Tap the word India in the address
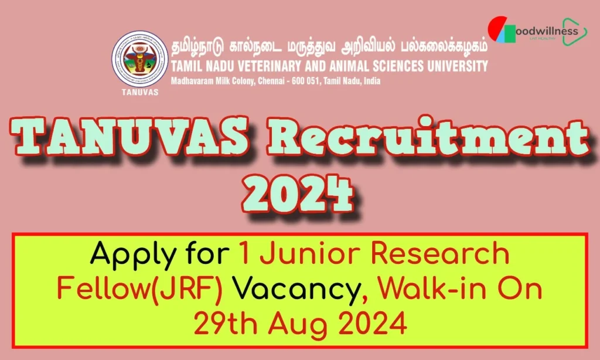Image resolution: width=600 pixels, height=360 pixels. coord(370,80)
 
